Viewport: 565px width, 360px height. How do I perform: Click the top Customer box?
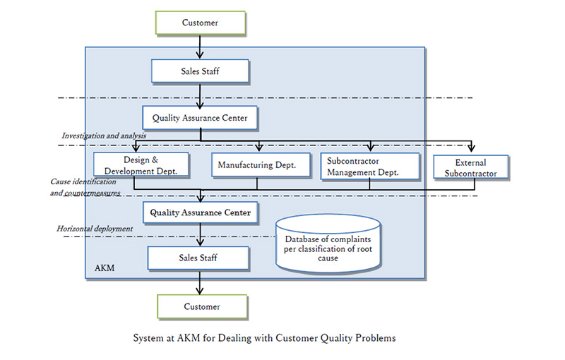click(200, 23)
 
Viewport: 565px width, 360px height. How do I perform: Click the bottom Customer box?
click(201, 307)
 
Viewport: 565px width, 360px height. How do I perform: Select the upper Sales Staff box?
click(200, 71)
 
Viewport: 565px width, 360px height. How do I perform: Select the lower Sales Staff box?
click(198, 258)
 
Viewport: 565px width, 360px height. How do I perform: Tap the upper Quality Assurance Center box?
click(200, 118)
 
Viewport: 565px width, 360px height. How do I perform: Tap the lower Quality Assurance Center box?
click(200, 211)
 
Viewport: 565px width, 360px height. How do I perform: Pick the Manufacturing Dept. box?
click(256, 165)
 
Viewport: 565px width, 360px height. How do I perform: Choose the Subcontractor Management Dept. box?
click(370, 165)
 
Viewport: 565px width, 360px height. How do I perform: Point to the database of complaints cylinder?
click(328, 248)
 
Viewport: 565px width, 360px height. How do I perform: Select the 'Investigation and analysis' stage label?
click(103, 136)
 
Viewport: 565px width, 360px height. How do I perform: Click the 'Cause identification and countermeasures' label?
click(85, 187)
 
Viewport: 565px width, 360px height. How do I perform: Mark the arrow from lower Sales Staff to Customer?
click(201, 282)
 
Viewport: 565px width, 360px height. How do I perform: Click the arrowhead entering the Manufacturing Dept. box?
click(259, 148)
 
